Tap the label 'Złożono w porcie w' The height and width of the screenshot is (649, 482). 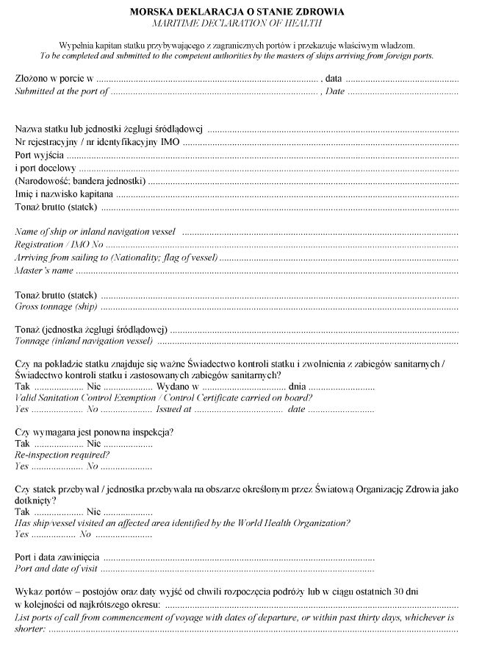(x=54, y=79)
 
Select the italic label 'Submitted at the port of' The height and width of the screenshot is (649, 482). (x=62, y=92)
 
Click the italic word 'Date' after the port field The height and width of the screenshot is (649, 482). (x=335, y=92)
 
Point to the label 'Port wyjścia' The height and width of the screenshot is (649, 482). (x=40, y=155)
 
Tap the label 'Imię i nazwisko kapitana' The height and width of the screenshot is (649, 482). (x=64, y=194)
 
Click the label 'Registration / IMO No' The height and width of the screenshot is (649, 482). (x=60, y=245)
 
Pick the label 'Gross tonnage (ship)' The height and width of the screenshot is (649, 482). (x=56, y=307)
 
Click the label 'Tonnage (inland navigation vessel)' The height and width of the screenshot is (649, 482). (x=84, y=341)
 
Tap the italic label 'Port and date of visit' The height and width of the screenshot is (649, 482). (x=57, y=569)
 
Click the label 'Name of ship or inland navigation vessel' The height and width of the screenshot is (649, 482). (x=96, y=232)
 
